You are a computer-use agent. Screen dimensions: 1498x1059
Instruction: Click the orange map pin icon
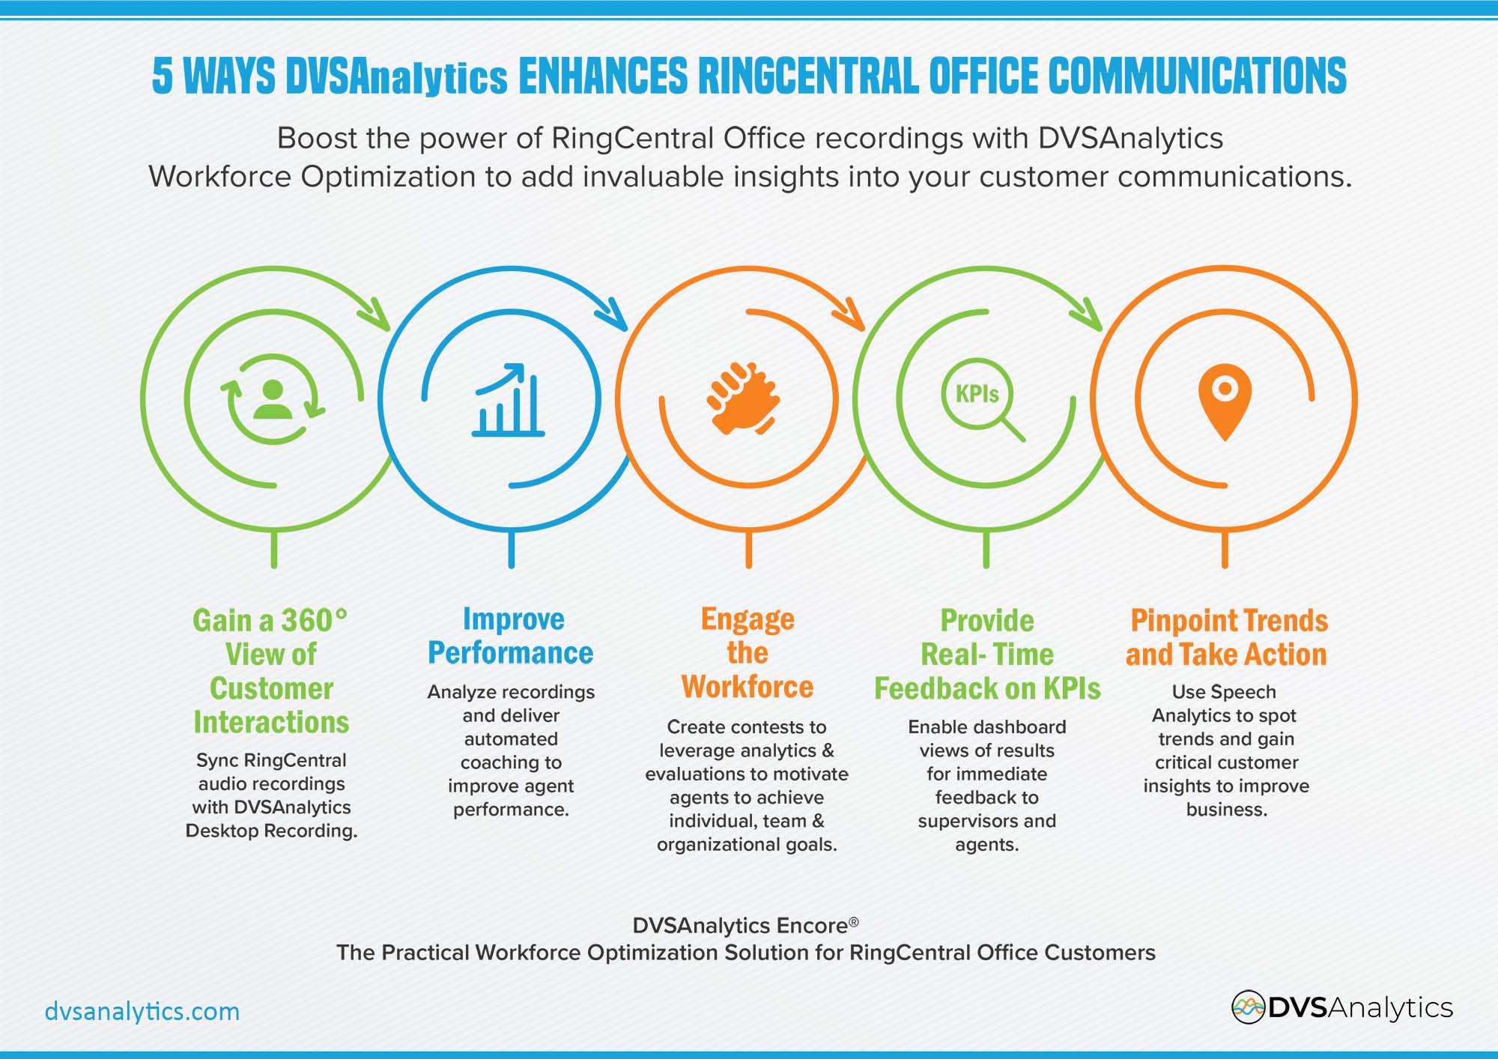1225,401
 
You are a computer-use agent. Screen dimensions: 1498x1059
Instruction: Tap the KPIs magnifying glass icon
982,399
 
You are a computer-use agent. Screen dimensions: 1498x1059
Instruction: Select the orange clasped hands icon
742,398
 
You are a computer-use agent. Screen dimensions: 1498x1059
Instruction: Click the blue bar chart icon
509,400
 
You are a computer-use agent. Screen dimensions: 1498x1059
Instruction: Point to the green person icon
273,399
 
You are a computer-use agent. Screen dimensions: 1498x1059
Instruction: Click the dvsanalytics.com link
142,1011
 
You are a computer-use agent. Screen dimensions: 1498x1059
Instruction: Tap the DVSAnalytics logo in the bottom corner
1342,1007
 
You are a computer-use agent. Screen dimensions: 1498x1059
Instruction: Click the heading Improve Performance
511,636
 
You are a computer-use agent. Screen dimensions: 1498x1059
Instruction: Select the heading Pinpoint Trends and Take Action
1227,637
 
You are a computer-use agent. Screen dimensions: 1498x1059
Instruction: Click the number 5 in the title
163,76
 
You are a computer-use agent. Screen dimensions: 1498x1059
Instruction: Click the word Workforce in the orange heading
748,687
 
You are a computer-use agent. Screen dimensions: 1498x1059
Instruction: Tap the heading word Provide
987,621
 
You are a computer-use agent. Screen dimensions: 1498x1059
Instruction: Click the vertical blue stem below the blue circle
512,548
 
